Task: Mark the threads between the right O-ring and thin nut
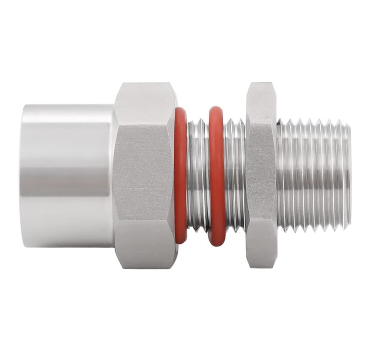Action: coord(235,176)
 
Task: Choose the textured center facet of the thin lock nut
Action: coord(261,176)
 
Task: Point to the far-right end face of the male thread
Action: coord(349,176)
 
